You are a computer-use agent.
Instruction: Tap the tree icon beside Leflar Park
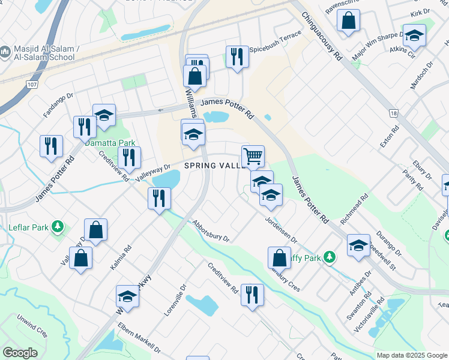58,227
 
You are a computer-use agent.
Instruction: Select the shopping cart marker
253,156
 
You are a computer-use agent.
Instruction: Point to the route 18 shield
393,113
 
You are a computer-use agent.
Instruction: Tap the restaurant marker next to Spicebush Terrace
237,57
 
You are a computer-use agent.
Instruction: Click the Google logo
20,353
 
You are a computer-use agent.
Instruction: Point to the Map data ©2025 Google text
412,355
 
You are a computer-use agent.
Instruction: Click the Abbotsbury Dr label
211,230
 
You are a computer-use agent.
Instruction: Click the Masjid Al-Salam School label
41,53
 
